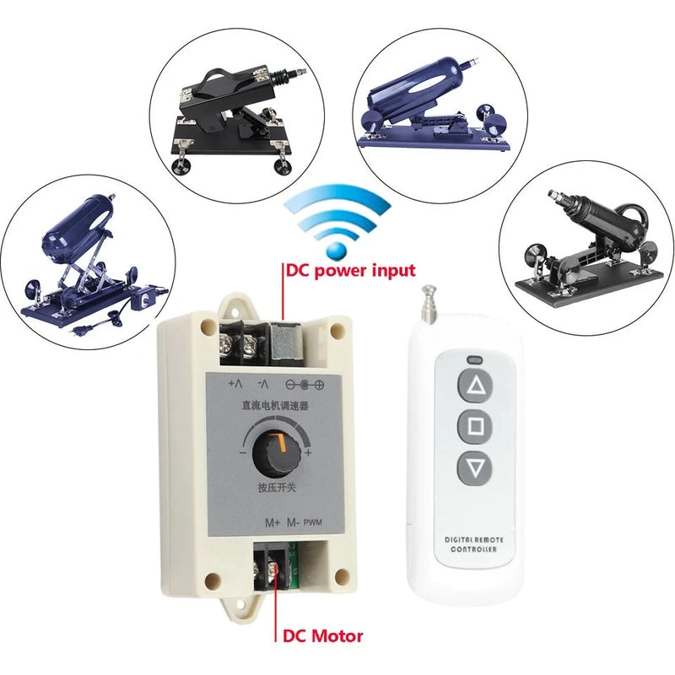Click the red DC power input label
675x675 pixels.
click(350, 270)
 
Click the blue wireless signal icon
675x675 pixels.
click(337, 219)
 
